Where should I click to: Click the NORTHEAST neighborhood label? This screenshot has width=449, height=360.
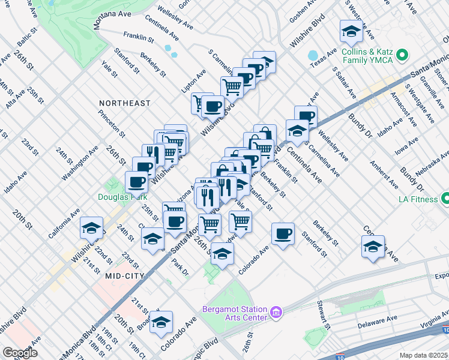[125, 103]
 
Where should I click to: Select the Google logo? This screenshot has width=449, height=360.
[20, 353]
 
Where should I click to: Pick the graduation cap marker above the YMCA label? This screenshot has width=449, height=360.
[351, 31]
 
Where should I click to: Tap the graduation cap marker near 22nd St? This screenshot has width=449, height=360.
[92, 228]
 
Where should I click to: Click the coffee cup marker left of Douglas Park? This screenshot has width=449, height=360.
[136, 181]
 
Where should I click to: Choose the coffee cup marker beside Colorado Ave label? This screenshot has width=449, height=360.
[283, 234]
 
